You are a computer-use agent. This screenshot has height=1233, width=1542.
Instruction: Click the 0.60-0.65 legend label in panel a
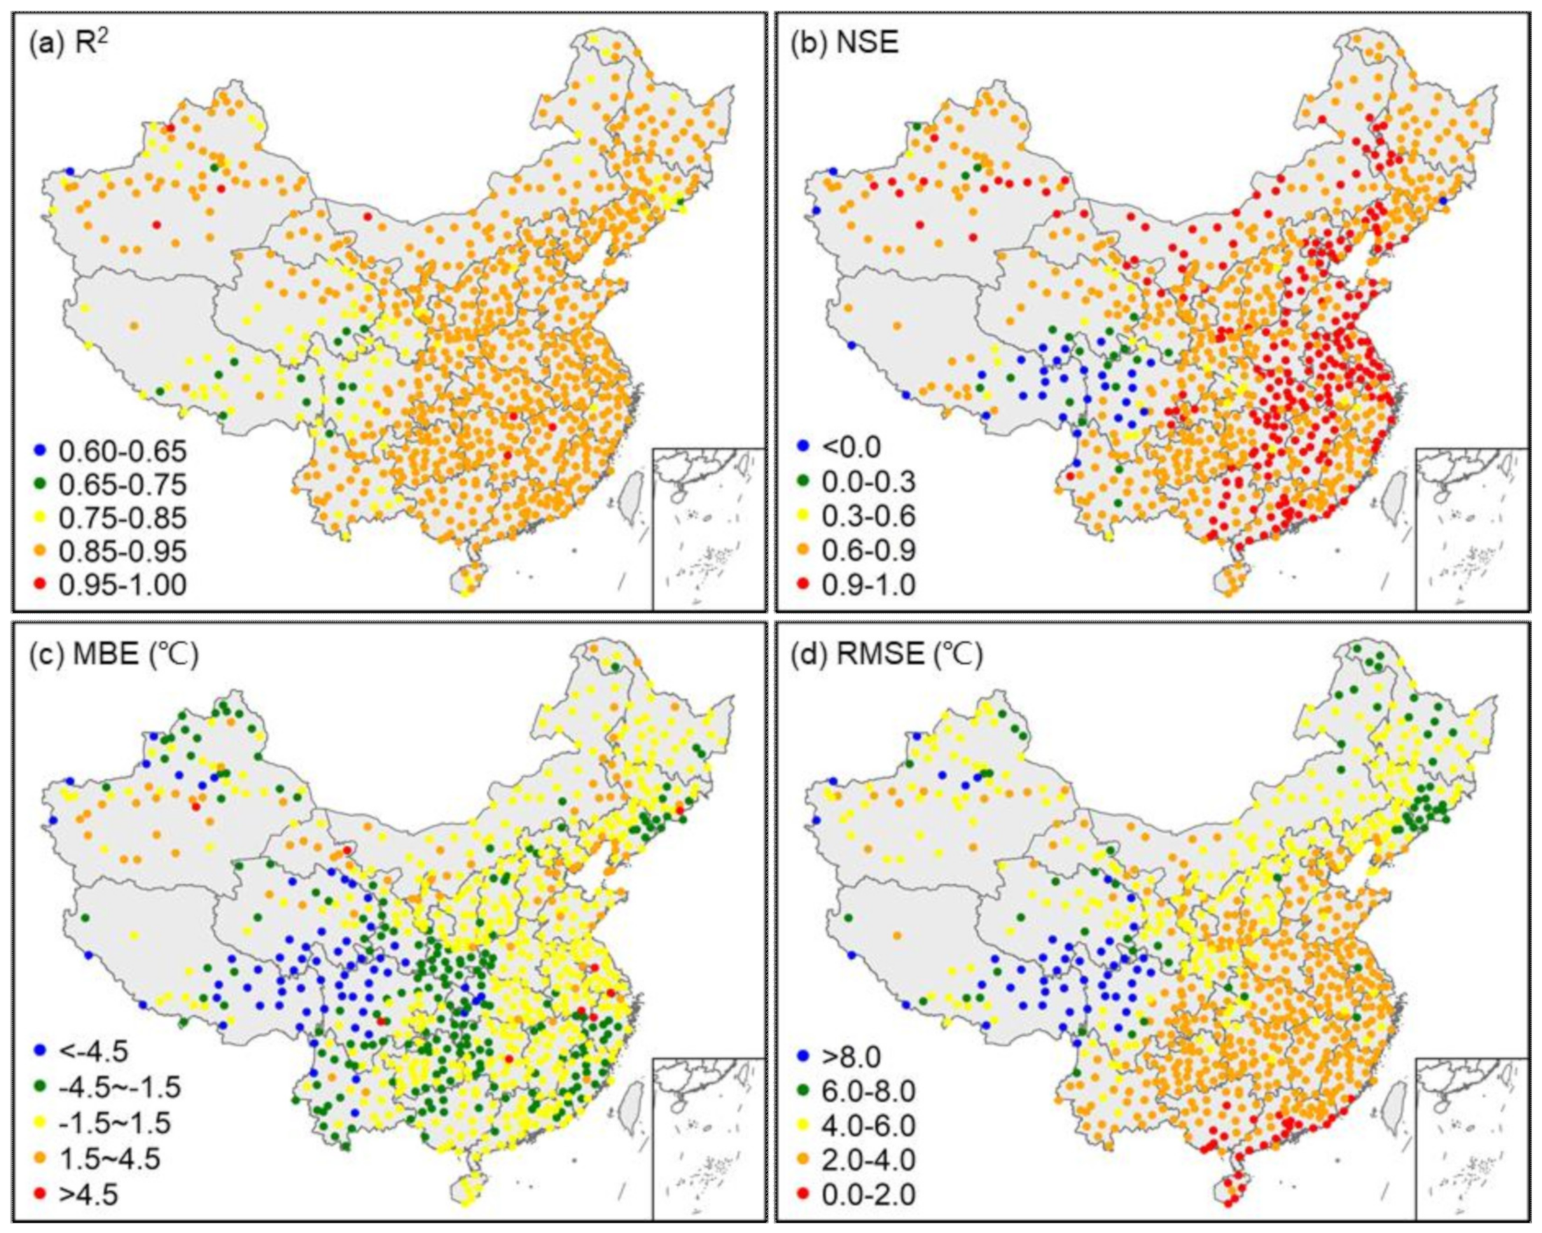[x=122, y=451]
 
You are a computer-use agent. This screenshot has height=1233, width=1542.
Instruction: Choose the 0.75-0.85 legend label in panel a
[x=122, y=518]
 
